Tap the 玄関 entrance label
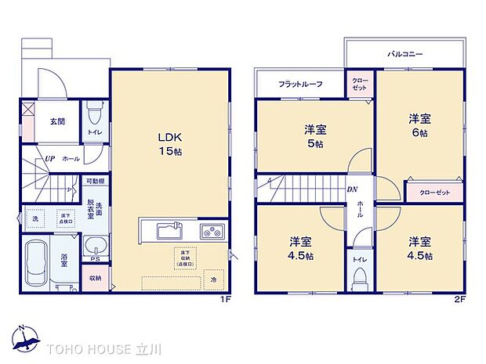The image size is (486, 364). coord(57,121)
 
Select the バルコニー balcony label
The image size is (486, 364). coord(404,55)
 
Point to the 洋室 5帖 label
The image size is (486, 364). coord(315,135)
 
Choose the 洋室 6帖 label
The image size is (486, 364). coord(418,125)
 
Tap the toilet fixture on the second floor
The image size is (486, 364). coord(361,277)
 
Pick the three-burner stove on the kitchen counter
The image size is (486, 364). coord(212,232)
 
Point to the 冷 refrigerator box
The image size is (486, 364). coord(212,278)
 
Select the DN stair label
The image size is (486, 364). coord(353,189)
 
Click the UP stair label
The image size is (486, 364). coord(49,157)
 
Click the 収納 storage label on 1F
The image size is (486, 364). coord(95,277)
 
